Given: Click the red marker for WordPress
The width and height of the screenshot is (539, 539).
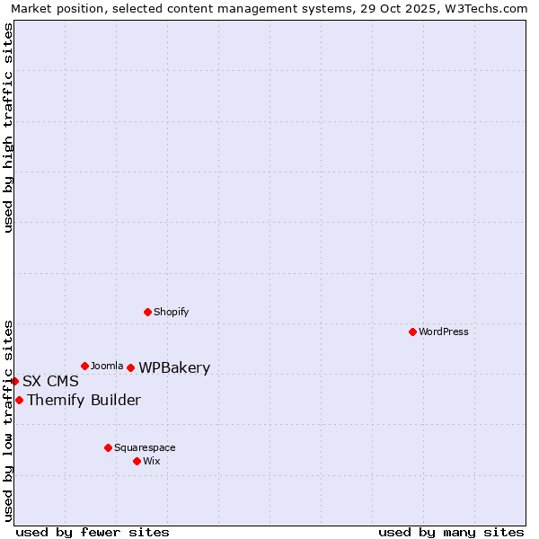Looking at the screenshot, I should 412,331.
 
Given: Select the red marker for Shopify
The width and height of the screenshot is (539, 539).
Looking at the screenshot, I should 147,312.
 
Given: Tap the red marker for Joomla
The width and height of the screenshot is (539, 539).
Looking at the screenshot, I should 84,366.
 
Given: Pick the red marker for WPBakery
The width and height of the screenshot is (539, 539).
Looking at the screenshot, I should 130,367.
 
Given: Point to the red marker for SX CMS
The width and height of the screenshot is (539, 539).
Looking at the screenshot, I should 14,381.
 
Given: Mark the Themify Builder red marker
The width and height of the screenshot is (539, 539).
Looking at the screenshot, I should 19,400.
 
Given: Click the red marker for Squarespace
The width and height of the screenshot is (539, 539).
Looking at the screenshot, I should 108,447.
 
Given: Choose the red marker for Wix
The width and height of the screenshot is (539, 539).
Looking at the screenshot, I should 137,461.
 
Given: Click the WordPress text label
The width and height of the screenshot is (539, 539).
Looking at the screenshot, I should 444,331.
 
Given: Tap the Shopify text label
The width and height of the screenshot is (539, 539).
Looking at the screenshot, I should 172,312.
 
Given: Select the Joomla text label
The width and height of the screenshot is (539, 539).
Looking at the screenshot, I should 107,366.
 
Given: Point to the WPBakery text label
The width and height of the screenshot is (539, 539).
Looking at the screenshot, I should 174,367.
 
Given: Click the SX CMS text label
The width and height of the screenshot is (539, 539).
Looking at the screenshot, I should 50,381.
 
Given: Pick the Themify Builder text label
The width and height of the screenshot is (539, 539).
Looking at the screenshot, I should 84,400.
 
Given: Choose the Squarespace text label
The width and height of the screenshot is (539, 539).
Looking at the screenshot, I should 145,447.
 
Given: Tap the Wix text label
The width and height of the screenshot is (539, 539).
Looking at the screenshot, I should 152,461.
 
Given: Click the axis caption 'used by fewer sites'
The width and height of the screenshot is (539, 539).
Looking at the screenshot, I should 93,532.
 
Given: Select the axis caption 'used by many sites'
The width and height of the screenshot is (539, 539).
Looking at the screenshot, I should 451,532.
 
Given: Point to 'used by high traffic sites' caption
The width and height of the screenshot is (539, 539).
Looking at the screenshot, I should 9,128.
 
